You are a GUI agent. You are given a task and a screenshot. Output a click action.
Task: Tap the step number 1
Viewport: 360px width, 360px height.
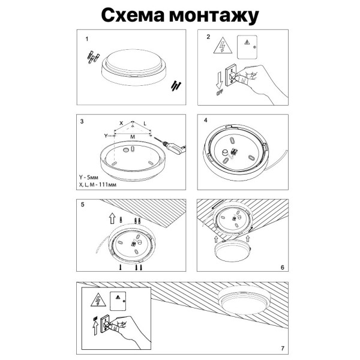[87, 39]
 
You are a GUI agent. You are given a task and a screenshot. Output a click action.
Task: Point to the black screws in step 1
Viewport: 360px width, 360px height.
[176, 85]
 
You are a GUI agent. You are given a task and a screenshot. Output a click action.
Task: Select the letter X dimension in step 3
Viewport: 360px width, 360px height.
[121, 122]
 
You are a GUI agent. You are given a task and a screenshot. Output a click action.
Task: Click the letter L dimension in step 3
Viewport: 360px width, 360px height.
[145, 122]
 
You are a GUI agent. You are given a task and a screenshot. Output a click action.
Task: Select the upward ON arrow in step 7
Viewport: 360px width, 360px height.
[95, 327]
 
